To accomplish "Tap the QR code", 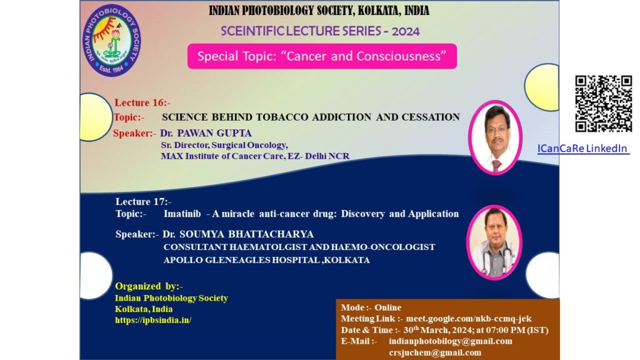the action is pos(603,104).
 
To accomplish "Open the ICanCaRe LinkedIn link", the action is pos(583,148).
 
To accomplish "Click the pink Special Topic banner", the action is pos(322,56).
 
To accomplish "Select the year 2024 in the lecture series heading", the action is pos(405,31).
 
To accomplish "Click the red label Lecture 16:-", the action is pos(142,102).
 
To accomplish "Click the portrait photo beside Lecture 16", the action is pos(495,137).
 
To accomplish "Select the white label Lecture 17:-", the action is pos(143,201).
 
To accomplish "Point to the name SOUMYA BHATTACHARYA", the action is pos(246,234).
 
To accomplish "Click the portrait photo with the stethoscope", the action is pos(494,242).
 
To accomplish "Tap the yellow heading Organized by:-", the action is pos(149,286).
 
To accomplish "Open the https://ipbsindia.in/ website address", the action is pos(153,320).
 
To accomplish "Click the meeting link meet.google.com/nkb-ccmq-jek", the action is pos(469,318).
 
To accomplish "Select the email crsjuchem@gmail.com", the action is pos(435,352).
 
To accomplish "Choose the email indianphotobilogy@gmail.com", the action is pos(451,341).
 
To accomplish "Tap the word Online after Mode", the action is pos(387,307).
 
